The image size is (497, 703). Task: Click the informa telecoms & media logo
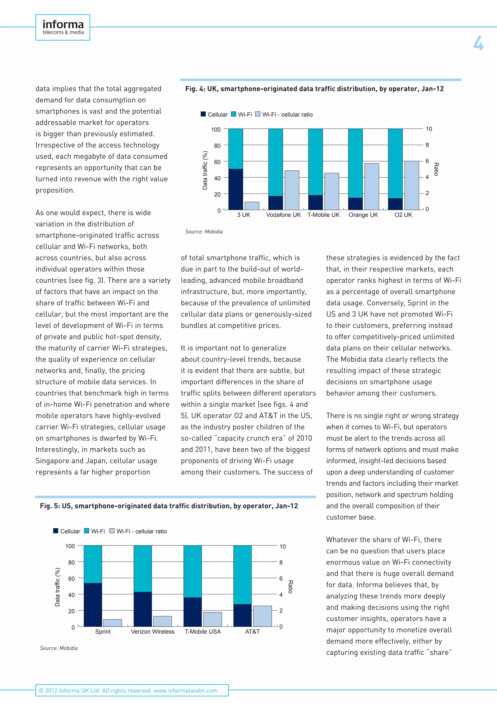(63, 27)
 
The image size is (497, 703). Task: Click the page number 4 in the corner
(478, 43)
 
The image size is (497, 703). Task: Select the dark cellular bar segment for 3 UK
(236, 189)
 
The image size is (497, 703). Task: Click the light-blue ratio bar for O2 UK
(411, 185)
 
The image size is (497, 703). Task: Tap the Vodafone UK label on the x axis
(283, 215)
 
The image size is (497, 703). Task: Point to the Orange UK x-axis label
(363, 215)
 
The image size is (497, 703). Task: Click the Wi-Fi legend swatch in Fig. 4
(233, 114)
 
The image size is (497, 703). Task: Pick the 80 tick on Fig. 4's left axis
(217, 146)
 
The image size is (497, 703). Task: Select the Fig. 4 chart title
(314, 89)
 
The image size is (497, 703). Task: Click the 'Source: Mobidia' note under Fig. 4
(204, 232)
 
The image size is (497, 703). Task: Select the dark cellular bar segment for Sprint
(93, 604)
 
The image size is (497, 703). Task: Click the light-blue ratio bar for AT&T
(262, 616)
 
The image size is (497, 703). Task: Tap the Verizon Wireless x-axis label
(152, 632)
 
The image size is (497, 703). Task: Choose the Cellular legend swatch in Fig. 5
(56, 531)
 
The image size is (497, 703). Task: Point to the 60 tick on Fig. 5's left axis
(71, 578)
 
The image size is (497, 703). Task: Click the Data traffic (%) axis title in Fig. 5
(58, 587)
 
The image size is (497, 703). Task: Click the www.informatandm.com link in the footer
(185, 690)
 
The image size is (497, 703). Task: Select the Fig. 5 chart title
(169, 506)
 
